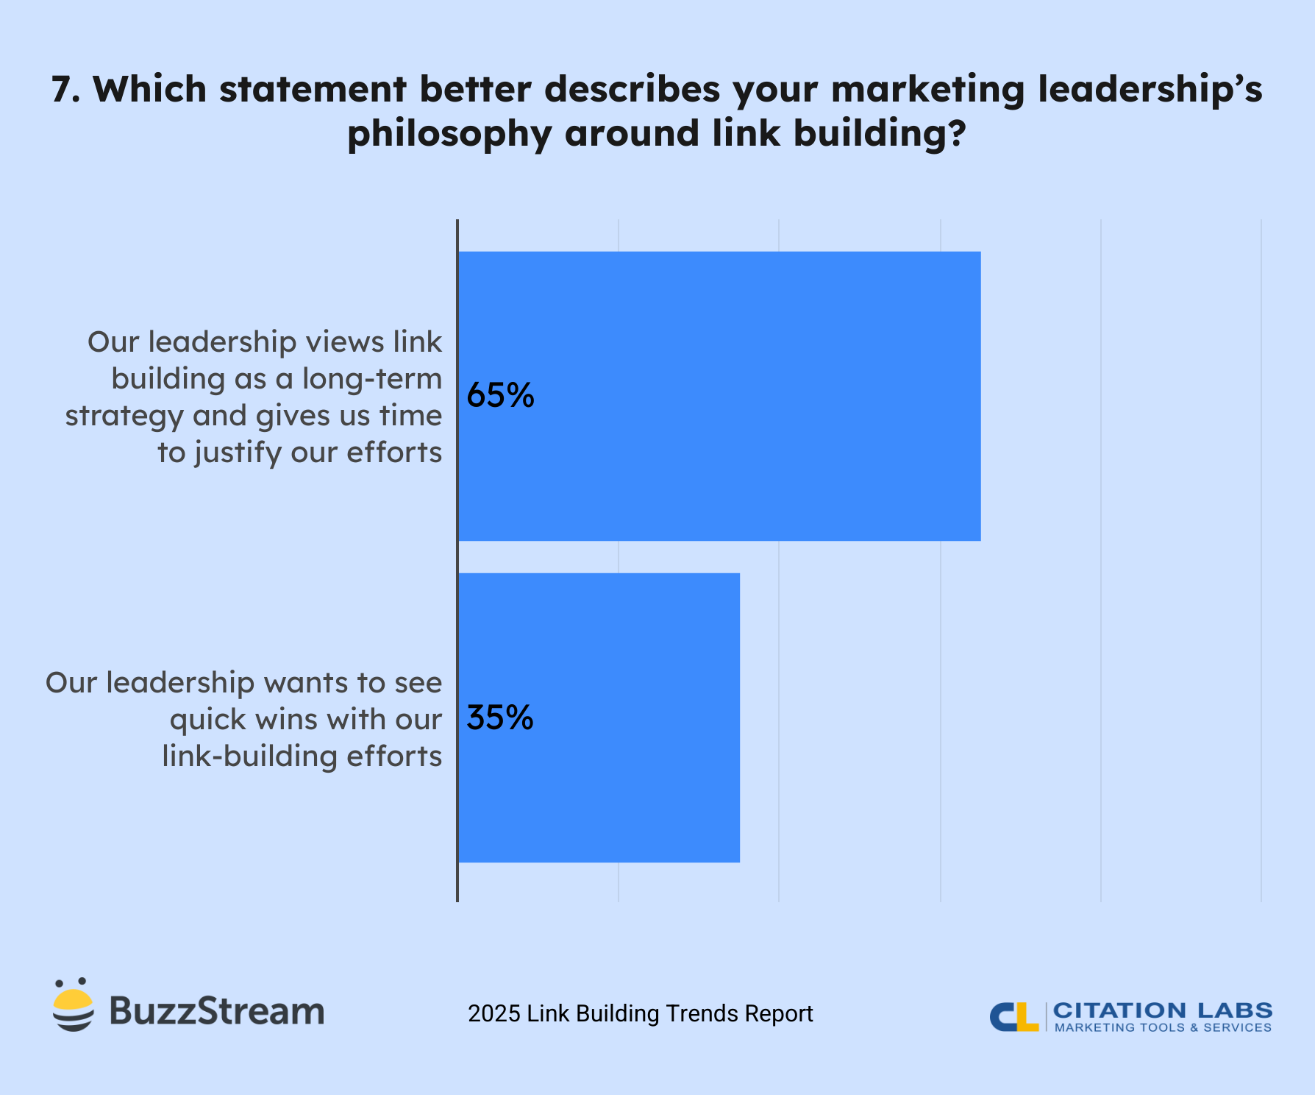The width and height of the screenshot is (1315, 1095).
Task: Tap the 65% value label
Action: (x=500, y=396)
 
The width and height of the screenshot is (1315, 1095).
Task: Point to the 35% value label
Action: (x=500, y=717)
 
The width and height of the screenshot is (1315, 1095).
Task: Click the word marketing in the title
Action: (x=928, y=90)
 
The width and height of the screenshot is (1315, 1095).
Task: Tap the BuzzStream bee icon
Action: (x=74, y=1005)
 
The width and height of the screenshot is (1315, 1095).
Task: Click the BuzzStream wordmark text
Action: (x=217, y=1011)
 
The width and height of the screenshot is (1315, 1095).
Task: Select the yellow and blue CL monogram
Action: (x=1013, y=1017)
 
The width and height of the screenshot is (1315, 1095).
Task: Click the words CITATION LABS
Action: (x=1163, y=1010)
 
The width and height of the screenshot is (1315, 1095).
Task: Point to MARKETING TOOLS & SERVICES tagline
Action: (x=1163, y=1028)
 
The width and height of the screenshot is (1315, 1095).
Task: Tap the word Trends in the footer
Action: (x=702, y=1014)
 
